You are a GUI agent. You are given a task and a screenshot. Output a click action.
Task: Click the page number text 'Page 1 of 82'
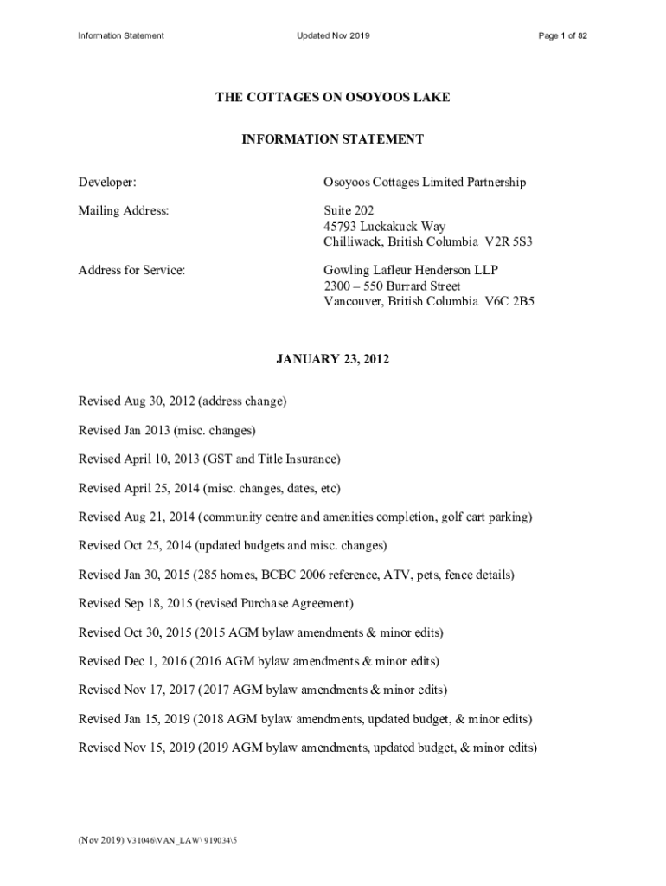point(562,35)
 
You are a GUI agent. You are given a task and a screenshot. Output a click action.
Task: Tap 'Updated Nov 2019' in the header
point(333,35)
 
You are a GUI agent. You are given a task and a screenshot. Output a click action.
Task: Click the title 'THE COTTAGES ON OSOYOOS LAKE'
point(333,98)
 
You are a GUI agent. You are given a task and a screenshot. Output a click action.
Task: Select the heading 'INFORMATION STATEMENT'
point(333,138)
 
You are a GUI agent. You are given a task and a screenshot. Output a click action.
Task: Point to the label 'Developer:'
point(107,183)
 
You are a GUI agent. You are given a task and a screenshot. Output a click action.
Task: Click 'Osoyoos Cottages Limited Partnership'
point(425,183)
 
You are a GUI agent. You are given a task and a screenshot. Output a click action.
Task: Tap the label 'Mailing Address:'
point(124,210)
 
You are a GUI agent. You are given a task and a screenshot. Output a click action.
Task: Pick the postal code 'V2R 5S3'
point(509,241)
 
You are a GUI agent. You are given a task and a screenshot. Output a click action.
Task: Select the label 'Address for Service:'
point(132,270)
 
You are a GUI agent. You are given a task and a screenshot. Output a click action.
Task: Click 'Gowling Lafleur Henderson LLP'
point(411,270)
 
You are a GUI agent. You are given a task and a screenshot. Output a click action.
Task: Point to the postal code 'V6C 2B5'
point(510,301)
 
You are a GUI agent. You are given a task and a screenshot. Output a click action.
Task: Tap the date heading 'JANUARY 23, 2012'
point(333,359)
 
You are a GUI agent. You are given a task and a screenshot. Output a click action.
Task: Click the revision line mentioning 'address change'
point(183,401)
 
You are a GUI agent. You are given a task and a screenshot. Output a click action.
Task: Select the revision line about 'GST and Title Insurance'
point(209,459)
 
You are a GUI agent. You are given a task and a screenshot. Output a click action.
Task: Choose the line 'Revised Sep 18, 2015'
point(216,603)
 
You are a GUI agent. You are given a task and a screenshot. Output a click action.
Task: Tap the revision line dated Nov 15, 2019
point(307,748)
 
